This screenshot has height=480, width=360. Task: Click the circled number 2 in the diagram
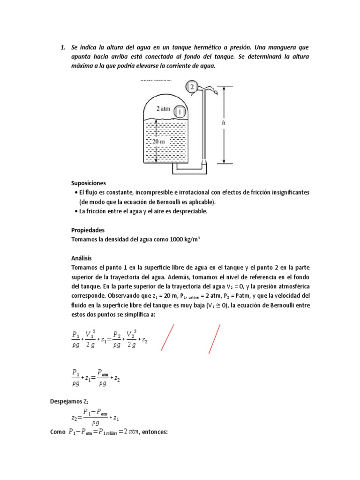[191, 86]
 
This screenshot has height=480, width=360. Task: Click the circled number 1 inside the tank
[180, 112]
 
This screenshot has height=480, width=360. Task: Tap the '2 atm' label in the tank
[163, 108]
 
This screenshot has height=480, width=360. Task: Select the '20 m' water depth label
[159, 141]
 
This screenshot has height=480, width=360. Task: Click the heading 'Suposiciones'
[89, 183]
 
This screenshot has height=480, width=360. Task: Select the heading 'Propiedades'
[88, 230]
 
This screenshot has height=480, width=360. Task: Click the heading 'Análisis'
[82, 258]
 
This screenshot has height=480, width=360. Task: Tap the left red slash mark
[168, 337]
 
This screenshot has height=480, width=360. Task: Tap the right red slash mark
[215, 338]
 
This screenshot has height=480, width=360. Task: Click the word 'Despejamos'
[65, 401]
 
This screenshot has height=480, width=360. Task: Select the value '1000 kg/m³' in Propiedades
[183, 240]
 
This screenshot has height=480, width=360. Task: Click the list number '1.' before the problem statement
[62, 48]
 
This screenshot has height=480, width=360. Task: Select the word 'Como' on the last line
[57, 432]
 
